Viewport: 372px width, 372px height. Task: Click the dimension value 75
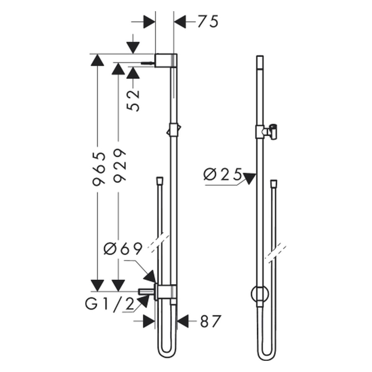click(208, 21)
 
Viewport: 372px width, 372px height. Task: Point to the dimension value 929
click(119, 165)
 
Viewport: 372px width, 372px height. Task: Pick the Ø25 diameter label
click(223, 174)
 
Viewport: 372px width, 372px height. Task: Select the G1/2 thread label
click(109, 305)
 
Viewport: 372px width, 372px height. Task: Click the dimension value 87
click(210, 321)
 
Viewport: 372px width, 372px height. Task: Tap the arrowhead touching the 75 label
click(180, 21)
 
